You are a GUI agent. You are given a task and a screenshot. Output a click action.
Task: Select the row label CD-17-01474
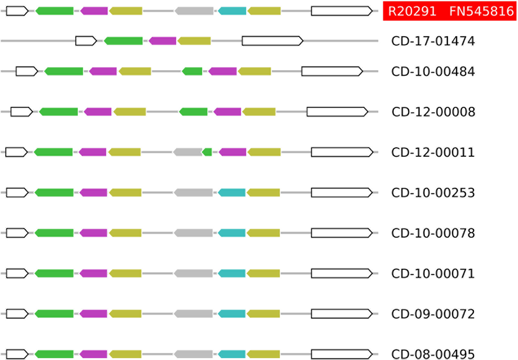coord(433,41)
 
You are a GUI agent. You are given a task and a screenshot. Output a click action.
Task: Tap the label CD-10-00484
coord(433,72)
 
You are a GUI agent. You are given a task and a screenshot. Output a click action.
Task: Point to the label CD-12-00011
coord(433,152)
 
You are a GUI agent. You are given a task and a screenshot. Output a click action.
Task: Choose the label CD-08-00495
coord(433,354)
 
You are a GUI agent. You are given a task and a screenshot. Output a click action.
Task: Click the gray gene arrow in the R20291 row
coord(194,11)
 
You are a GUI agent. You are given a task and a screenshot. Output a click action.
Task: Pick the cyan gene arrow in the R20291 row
coord(232,11)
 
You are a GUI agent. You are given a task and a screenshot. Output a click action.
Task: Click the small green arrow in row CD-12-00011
coord(207,152)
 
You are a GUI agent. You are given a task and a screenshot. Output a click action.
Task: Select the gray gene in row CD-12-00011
coord(188,152)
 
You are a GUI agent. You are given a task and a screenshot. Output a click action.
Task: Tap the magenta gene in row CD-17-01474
coord(163,41)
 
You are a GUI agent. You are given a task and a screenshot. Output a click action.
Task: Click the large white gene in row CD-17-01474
coord(272,41)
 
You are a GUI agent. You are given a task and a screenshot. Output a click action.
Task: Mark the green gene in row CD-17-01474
coord(123,41)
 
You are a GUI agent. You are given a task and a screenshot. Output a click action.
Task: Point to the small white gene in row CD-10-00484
coord(27,71)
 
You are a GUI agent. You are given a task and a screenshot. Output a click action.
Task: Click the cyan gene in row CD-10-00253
coord(232,193)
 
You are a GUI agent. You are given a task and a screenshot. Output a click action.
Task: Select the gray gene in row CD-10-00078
coord(193,233)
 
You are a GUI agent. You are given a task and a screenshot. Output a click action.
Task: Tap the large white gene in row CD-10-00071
coord(342,273)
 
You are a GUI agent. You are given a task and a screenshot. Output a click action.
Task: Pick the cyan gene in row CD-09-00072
coord(232,314)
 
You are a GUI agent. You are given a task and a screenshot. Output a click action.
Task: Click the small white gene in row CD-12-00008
coord(21,112)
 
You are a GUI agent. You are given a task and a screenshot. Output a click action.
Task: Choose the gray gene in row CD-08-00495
coord(193,354)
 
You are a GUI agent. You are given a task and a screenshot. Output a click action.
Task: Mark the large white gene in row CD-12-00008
coord(337,112)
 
